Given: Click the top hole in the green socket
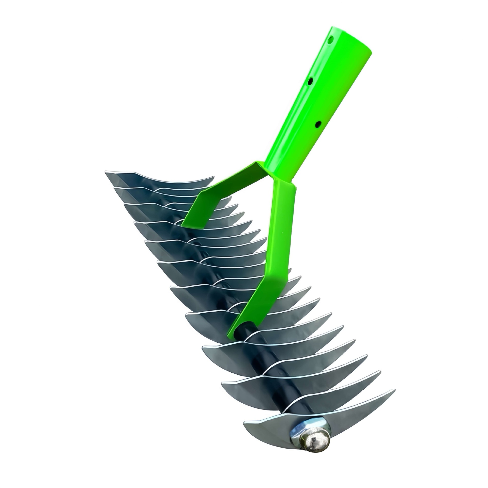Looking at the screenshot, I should tap(331, 40).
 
